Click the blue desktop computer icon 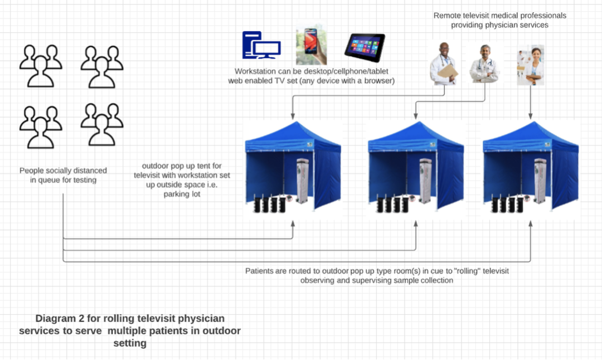click(x=261, y=45)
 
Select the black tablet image click(x=365, y=47)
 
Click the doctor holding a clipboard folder click(x=444, y=64)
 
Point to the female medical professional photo click(x=531, y=65)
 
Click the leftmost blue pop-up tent click(x=293, y=165)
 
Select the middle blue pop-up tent click(x=416, y=165)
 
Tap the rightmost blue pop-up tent click(x=531, y=165)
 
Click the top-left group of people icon click(x=41, y=66)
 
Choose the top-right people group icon click(x=101, y=66)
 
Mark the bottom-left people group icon click(x=41, y=126)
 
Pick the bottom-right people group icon click(x=101, y=124)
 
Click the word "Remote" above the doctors click(x=446, y=16)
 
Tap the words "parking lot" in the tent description click(x=182, y=194)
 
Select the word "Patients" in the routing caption click(x=260, y=271)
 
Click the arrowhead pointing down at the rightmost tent click(x=530, y=117)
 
